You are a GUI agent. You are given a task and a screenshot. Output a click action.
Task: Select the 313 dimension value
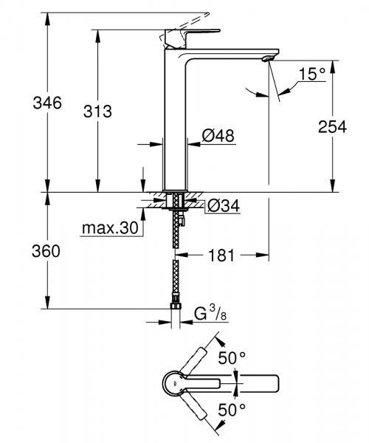pyautogui.click(x=97, y=111)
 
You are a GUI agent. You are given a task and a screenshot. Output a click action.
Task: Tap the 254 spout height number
pyautogui.click(x=331, y=126)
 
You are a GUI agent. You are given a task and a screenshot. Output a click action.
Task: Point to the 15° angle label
pyautogui.click(x=313, y=74)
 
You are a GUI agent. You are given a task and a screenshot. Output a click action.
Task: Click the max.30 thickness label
pyautogui.click(x=109, y=229)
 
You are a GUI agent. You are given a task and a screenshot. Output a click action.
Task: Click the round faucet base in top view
pyautogui.click(x=173, y=383)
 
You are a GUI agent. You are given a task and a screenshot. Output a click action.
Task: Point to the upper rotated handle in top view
pyautogui.click(x=202, y=360)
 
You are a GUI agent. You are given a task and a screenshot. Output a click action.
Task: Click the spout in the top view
pyautogui.click(x=255, y=383)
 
